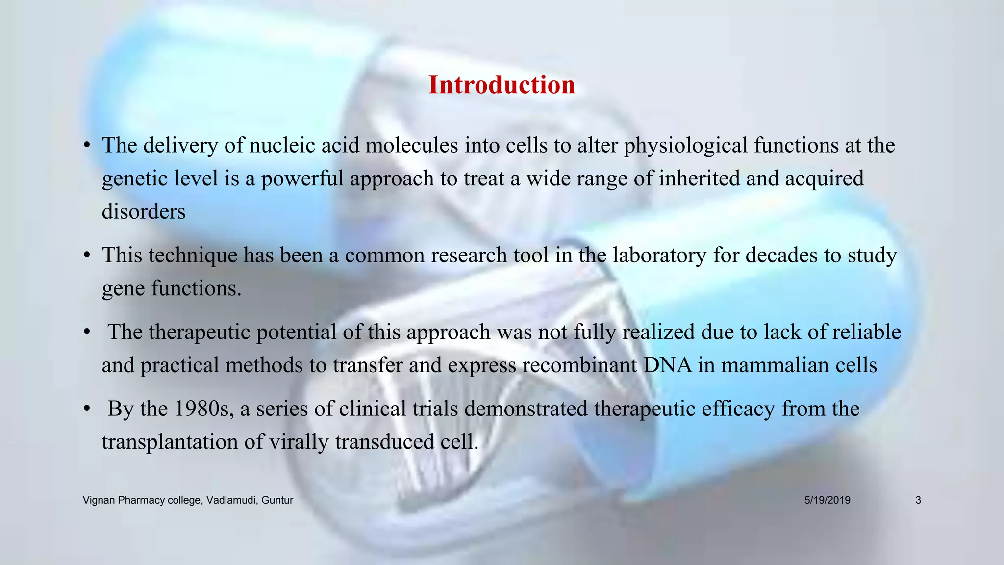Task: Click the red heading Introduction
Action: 502,85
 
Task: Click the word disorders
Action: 144,212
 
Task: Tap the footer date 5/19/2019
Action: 827,500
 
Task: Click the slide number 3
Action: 918,500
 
